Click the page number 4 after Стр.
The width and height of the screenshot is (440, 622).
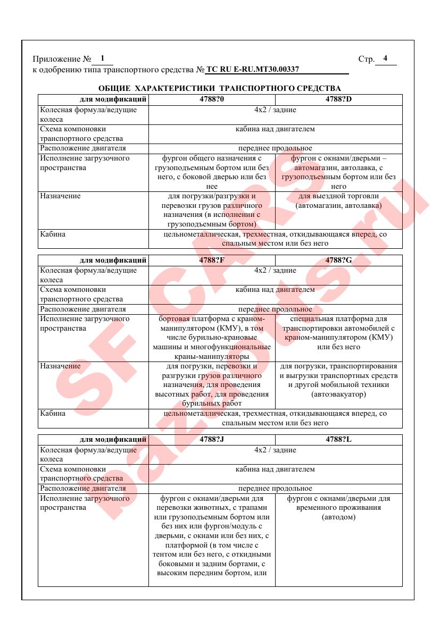click(385, 58)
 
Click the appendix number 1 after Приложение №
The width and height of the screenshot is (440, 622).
click(102, 58)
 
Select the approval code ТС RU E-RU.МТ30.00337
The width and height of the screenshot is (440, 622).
click(253, 69)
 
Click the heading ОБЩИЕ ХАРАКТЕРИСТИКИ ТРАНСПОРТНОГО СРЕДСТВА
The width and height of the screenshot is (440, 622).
click(220, 88)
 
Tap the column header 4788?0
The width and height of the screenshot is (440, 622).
click(212, 99)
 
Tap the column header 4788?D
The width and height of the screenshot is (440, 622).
click(338, 99)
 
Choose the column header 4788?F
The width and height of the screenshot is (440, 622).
click(212, 260)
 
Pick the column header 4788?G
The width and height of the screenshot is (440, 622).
click(338, 260)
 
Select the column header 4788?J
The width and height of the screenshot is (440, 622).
click(212, 440)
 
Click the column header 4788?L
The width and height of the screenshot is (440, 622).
click(338, 440)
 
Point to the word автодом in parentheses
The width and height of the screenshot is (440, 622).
click(338, 517)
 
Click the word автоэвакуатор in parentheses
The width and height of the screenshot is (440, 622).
click(338, 394)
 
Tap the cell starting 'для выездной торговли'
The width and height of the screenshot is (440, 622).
click(338, 200)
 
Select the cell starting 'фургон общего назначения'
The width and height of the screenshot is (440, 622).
click(212, 172)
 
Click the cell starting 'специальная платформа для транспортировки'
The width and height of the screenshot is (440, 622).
click(338, 333)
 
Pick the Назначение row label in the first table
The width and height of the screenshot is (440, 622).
click(60, 196)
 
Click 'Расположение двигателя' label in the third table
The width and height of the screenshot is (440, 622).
click(83, 489)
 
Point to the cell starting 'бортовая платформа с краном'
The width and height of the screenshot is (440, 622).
click(212, 338)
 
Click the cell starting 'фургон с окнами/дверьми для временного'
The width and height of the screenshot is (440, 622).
click(338, 508)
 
